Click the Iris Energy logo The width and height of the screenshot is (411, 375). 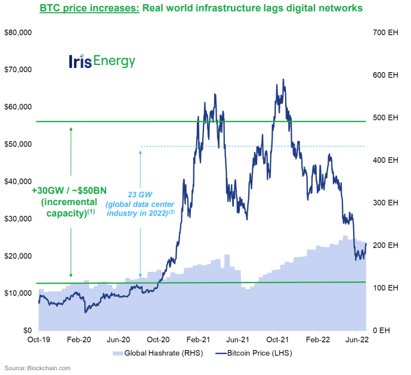[x=102, y=61]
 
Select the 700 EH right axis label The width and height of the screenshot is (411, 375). [x=385, y=32]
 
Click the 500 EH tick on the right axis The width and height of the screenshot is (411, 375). [x=385, y=117]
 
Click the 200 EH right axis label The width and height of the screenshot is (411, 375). [x=385, y=245]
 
